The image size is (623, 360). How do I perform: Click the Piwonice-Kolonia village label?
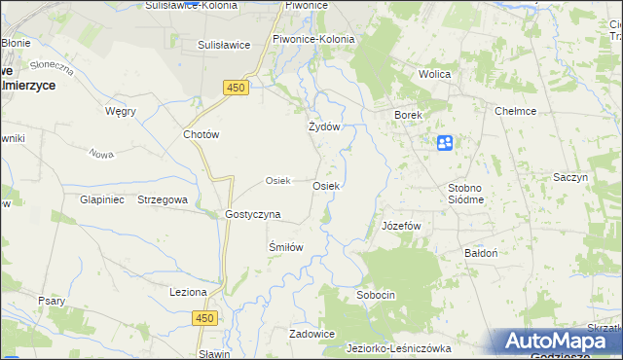tap(313, 40)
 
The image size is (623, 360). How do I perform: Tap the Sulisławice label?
tap(225, 45)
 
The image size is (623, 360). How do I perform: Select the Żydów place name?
tap(323, 127)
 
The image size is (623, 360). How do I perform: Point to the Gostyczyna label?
tap(253, 214)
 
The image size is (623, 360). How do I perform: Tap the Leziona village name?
tap(189, 292)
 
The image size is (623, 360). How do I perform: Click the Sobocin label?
tap(376, 294)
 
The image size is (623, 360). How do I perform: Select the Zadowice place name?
tap(312, 334)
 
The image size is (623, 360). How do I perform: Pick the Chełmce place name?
tap(516, 112)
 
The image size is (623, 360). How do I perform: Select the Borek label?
tap(408, 115)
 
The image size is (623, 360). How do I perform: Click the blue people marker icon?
tap(445, 143)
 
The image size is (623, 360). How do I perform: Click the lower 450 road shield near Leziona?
tap(203, 318)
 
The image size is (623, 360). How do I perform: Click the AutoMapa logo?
tap(560, 342)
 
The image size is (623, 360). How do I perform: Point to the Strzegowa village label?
tap(163, 199)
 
